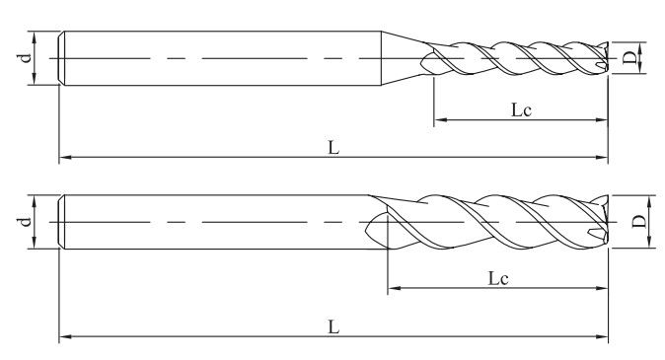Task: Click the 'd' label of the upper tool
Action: point(27,57)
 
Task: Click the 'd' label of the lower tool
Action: point(27,221)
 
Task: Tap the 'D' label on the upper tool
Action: point(630,58)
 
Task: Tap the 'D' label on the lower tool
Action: point(638,221)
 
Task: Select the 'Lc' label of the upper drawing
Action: point(521,110)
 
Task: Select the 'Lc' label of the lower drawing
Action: point(498,278)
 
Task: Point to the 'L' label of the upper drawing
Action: point(334,148)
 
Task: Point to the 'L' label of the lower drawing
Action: point(334,326)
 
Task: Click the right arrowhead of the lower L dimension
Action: point(602,336)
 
